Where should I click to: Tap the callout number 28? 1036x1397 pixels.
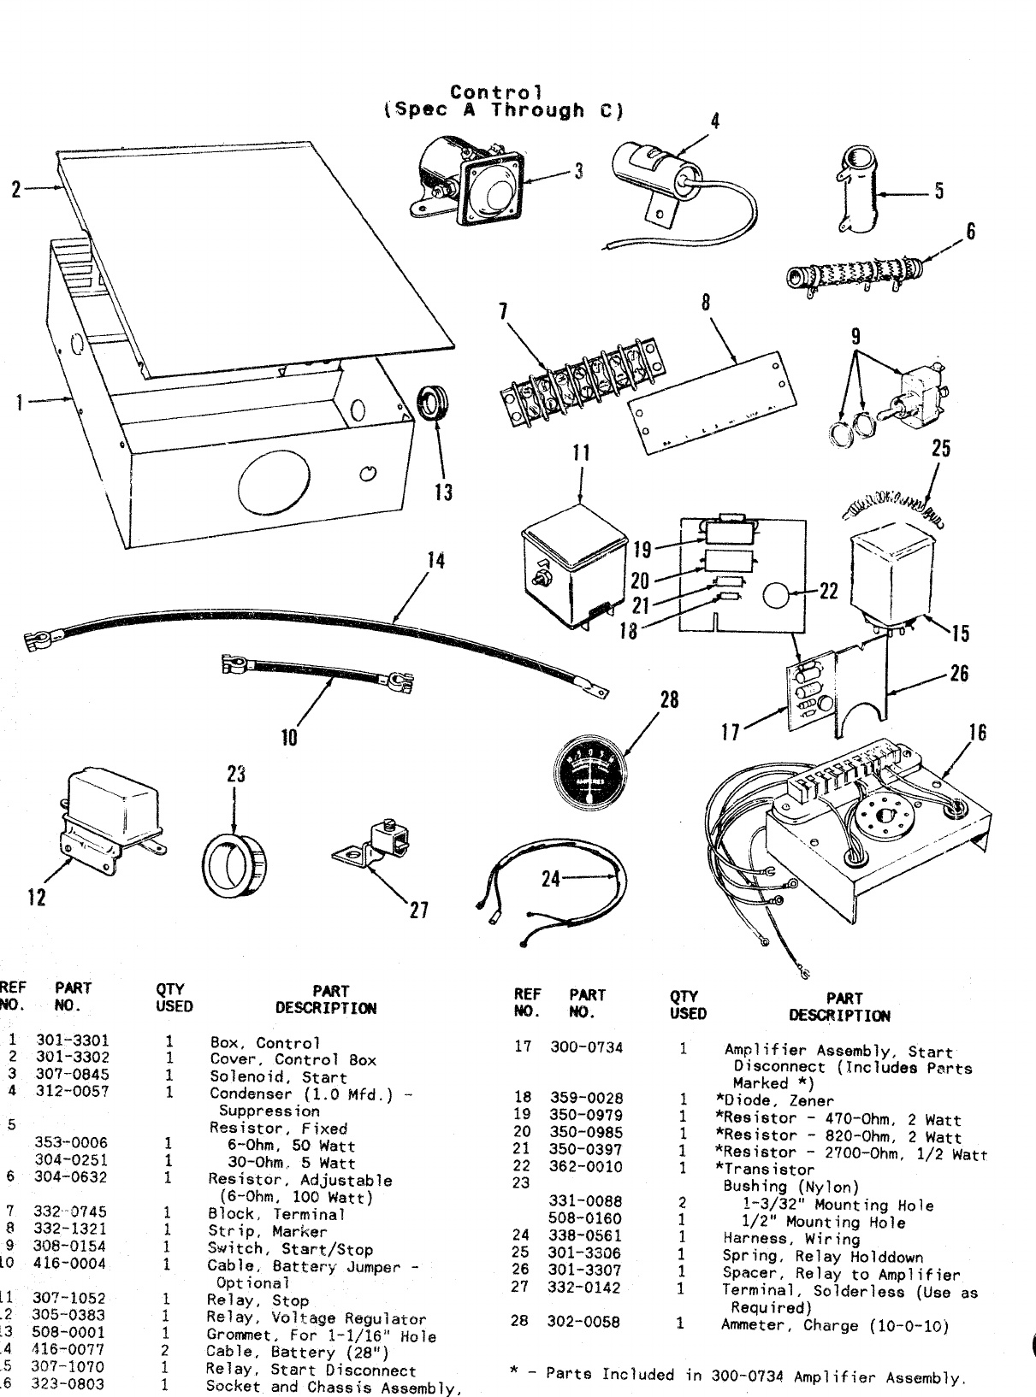669,699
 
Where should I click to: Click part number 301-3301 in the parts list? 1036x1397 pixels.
72,1042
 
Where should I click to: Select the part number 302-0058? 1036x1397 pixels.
583,1322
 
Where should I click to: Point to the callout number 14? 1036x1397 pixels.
436,561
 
